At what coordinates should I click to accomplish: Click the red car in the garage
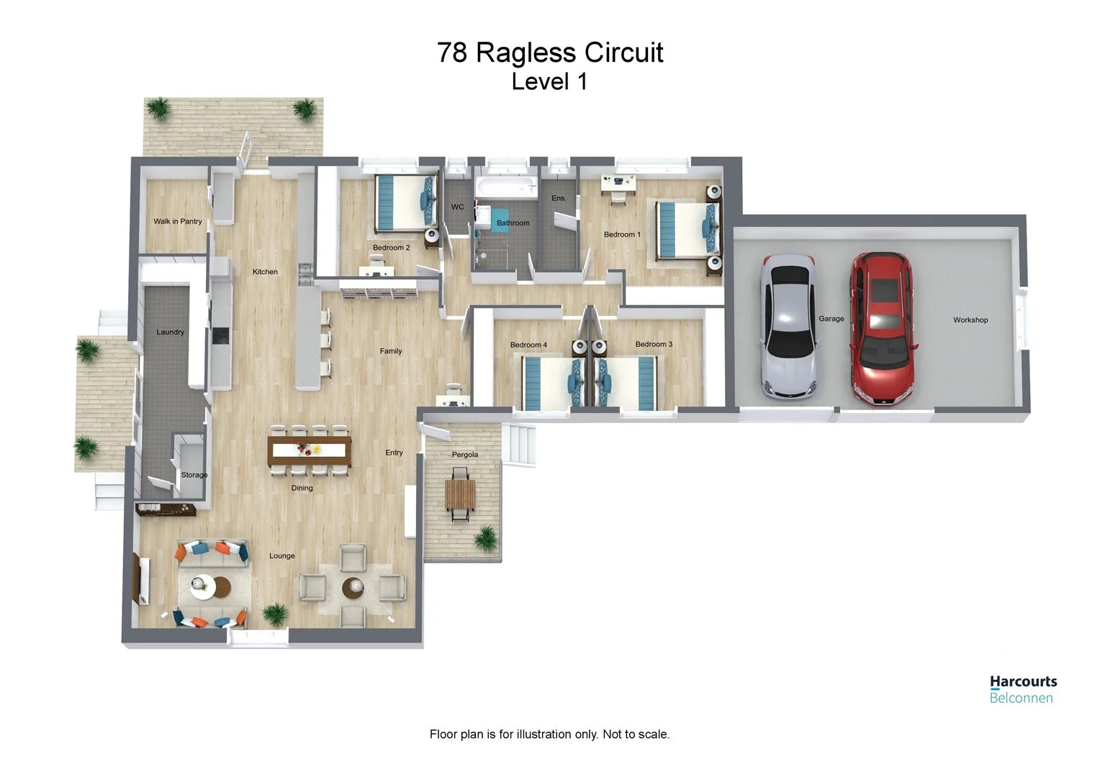coord(883,327)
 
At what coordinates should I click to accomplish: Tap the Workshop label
coord(970,320)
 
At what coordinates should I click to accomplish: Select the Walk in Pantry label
coord(177,222)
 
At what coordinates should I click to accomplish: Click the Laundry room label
coord(171,332)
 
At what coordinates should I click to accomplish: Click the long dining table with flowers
coord(310,450)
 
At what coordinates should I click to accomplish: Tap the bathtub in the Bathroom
coord(506,188)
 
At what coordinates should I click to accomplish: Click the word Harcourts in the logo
coord(1023,681)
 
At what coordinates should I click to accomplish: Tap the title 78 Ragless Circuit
coord(550,53)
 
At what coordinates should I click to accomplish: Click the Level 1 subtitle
coord(549,82)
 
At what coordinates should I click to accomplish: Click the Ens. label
coord(559,199)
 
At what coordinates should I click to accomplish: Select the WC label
coord(458,207)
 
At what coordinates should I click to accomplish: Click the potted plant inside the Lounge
coord(275,614)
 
